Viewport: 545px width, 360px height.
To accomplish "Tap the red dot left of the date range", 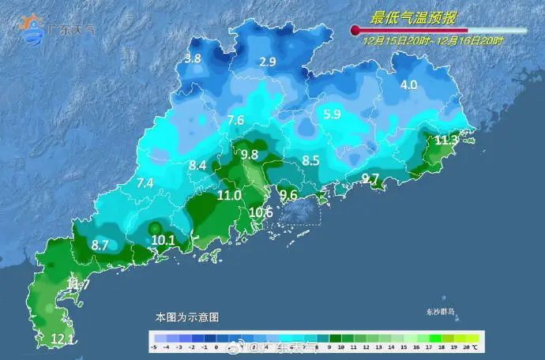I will point(355,31).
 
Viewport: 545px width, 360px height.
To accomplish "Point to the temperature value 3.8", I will point(193,58).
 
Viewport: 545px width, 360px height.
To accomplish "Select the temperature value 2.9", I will point(268,62).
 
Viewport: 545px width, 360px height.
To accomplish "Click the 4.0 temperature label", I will point(408,85).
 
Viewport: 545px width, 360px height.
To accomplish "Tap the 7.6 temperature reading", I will point(235,121).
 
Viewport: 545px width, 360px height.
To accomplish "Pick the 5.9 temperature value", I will point(333,114).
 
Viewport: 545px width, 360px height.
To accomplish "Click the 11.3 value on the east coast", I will point(446,141).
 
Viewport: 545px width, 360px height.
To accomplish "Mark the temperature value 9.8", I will point(250,154).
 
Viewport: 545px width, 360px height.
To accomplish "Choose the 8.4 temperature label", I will point(197,166).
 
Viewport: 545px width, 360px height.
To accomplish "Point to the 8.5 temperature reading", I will point(311,161).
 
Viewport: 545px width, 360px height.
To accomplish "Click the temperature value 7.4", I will point(145,183).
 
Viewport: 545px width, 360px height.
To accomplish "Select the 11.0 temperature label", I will point(229,195).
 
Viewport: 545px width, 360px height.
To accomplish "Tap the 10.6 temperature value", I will point(261,212).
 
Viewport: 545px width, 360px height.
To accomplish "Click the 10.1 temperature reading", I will point(163,240).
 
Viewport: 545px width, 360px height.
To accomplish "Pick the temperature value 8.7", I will point(100,246).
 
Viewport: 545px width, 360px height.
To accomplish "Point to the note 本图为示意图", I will point(186,317).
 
